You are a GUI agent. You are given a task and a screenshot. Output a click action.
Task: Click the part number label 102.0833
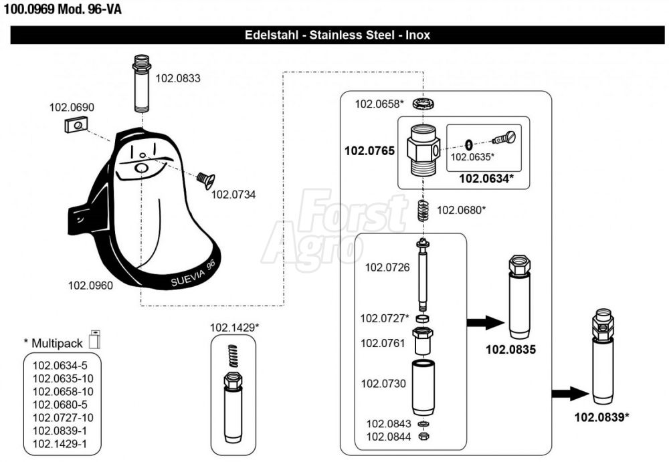(177, 78)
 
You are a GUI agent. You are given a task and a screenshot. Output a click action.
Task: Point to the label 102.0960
(90, 285)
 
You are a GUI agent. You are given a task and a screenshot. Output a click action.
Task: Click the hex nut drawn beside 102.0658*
(421, 104)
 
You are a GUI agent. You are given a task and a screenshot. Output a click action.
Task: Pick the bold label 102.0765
(369, 151)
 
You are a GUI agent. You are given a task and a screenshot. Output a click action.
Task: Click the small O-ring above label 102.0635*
(469, 144)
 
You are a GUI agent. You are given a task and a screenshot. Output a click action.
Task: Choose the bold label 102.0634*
(486, 178)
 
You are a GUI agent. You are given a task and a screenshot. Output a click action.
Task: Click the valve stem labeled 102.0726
(423, 274)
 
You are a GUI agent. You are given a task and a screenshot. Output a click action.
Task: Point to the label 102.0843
(384, 423)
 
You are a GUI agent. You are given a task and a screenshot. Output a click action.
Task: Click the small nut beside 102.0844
(423, 437)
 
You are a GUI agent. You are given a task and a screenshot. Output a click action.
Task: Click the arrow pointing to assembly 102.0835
(484, 323)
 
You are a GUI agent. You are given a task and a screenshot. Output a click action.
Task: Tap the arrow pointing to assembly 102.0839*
(569, 393)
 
